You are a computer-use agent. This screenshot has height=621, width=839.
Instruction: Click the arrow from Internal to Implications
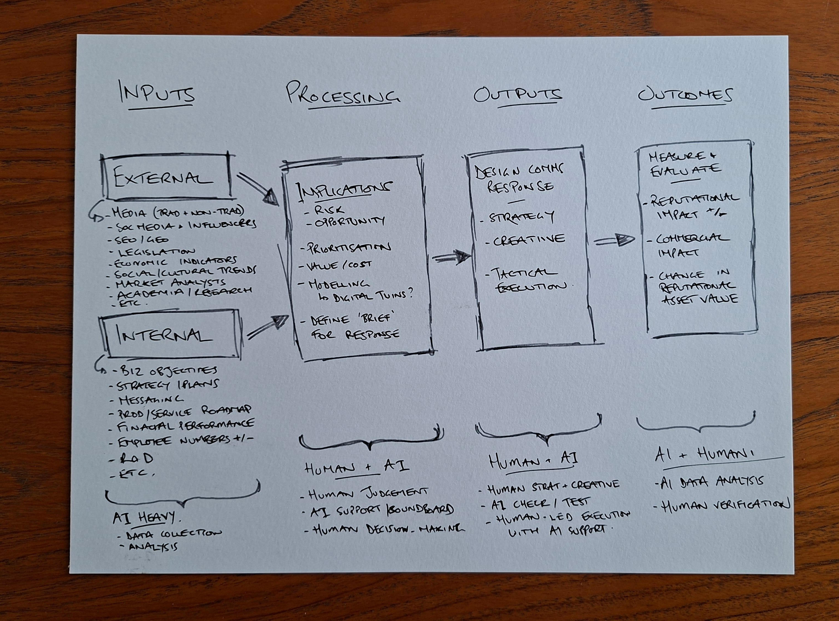coord(268,326)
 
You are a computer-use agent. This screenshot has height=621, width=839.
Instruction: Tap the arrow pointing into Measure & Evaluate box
coord(614,240)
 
